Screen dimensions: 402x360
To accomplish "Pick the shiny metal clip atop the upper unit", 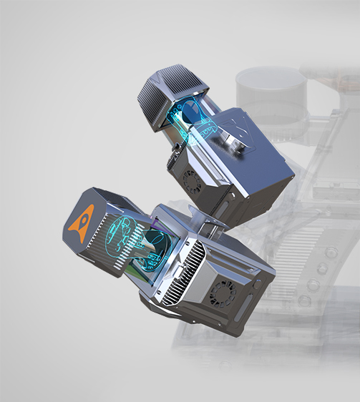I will [235, 138].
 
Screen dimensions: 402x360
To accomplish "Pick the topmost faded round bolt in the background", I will [331, 252].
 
